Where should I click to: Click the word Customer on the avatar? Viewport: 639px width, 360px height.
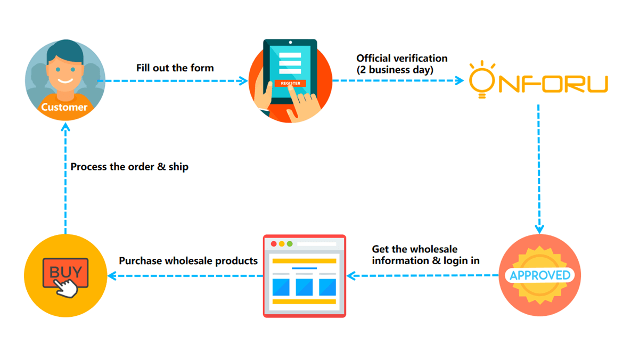tap(64, 107)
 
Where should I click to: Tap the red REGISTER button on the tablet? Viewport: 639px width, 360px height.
tap(290, 83)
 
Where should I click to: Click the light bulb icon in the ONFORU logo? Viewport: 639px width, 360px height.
tap(482, 79)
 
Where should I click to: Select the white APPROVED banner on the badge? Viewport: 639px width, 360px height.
tap(540, 275)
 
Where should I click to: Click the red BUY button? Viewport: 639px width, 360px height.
tap(65, 273)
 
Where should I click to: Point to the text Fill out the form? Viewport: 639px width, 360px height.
tap(175, 68)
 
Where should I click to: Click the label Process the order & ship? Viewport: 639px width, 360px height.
tap(129, 167)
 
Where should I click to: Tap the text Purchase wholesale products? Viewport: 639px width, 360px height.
tap(189, 261)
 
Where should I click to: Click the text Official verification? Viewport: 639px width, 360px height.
tap(402, 58)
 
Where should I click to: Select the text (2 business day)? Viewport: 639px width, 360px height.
tap(395, 70)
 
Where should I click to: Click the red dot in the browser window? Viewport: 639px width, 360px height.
tap(274, 243)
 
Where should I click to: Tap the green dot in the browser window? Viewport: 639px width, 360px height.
tap(290, 243)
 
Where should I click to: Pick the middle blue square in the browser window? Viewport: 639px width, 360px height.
tap(304, 287)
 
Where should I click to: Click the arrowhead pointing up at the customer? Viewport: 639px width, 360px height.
tap(65, 127)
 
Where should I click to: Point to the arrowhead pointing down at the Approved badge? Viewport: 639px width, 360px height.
tap(539, 229)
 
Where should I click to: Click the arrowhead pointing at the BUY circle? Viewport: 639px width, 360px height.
tap(112, 276)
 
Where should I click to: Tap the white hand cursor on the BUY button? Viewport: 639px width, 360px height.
tap(66, 289)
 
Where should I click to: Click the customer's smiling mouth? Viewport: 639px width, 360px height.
tap(65, 81)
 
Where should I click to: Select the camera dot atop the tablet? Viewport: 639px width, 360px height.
tap(290, 43)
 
